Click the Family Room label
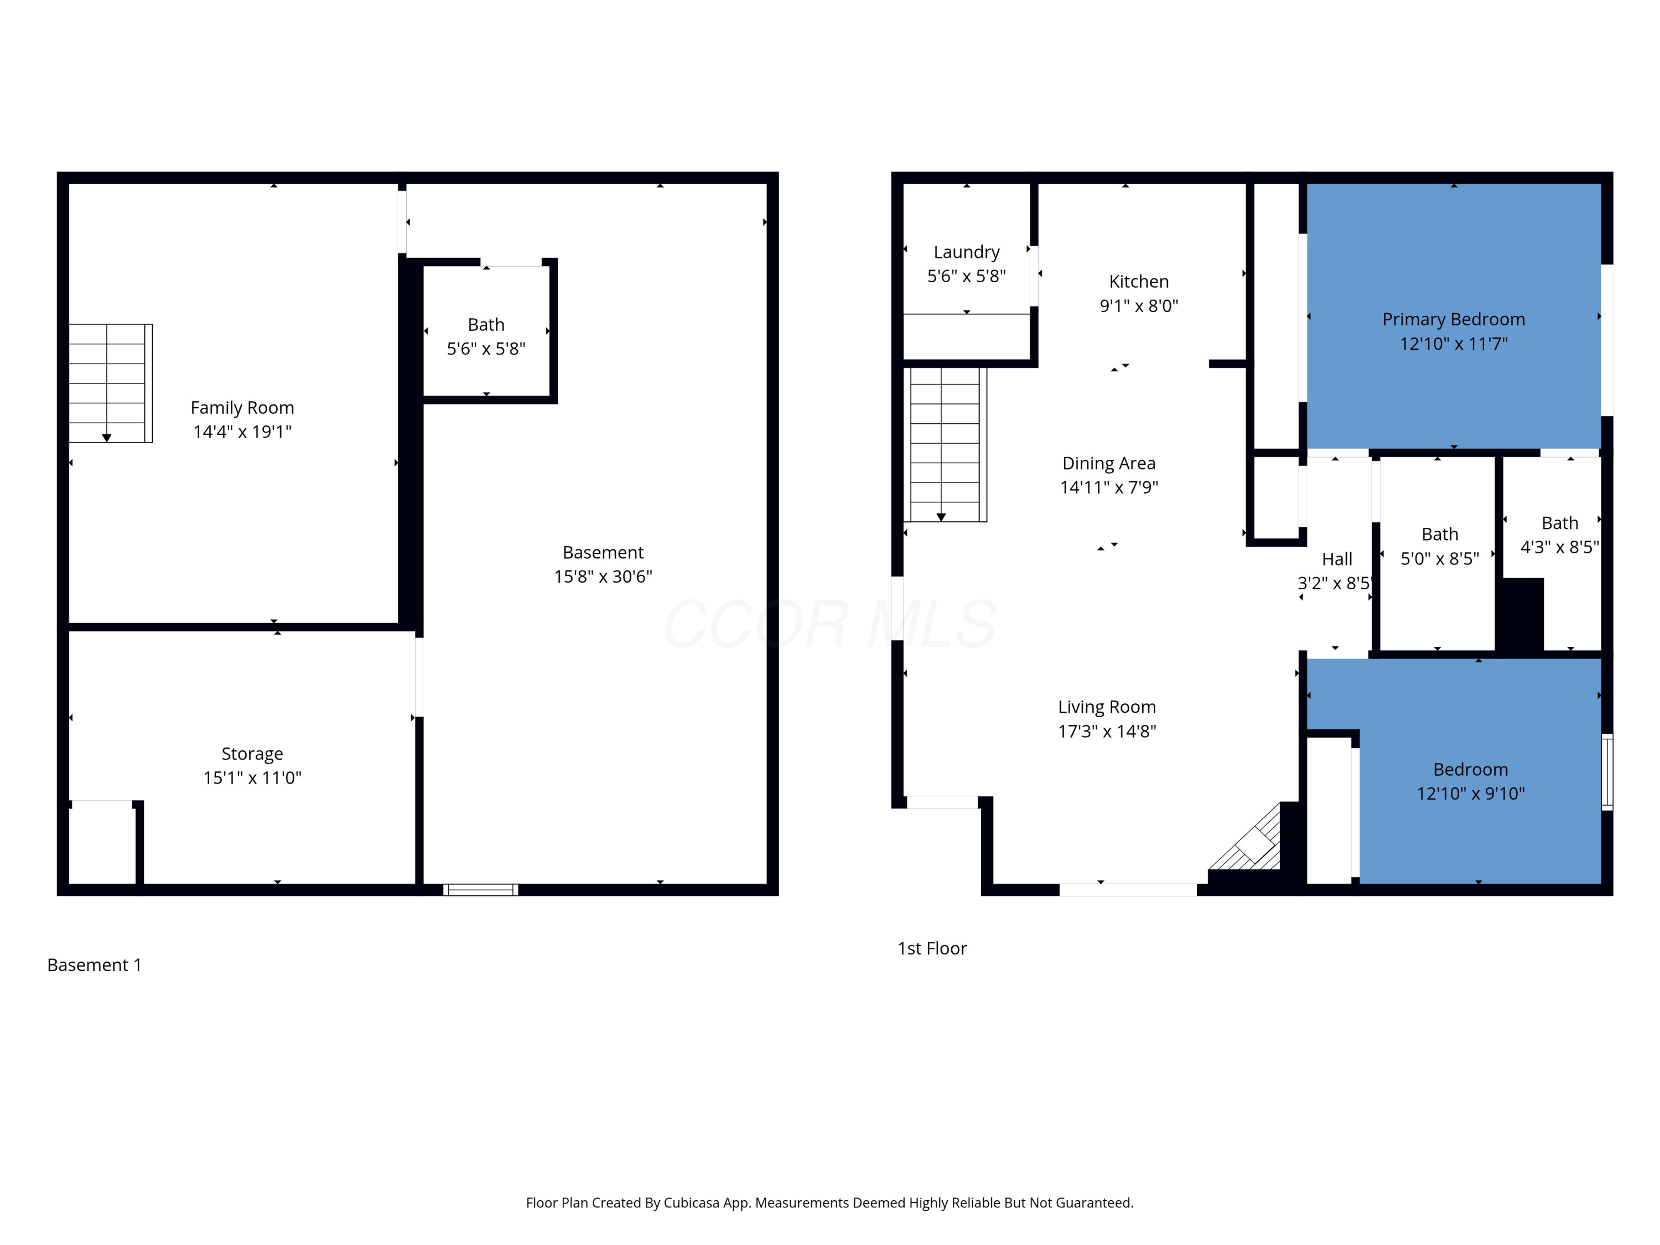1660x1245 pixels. tap(242, 407)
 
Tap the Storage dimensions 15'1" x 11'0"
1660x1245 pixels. tap(252, 777)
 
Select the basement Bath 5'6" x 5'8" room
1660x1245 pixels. tap(486, 331)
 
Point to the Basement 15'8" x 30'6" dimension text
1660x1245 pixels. tap(603, 577)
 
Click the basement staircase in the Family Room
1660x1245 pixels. tap(110, 383)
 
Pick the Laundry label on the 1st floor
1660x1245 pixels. tap(967, 252)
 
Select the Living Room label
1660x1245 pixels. tap(1107, 707)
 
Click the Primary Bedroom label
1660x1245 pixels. tap(1454, 319)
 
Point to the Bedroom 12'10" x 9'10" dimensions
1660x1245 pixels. tap(1471, 793)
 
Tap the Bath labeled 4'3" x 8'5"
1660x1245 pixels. tap(1559, 535)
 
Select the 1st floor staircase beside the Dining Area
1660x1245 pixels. tap(946, 444)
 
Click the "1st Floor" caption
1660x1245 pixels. tap(932, 948)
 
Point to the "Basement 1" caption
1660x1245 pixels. tap(95, 965)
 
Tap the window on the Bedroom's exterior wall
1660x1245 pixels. tap(1607, 771)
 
